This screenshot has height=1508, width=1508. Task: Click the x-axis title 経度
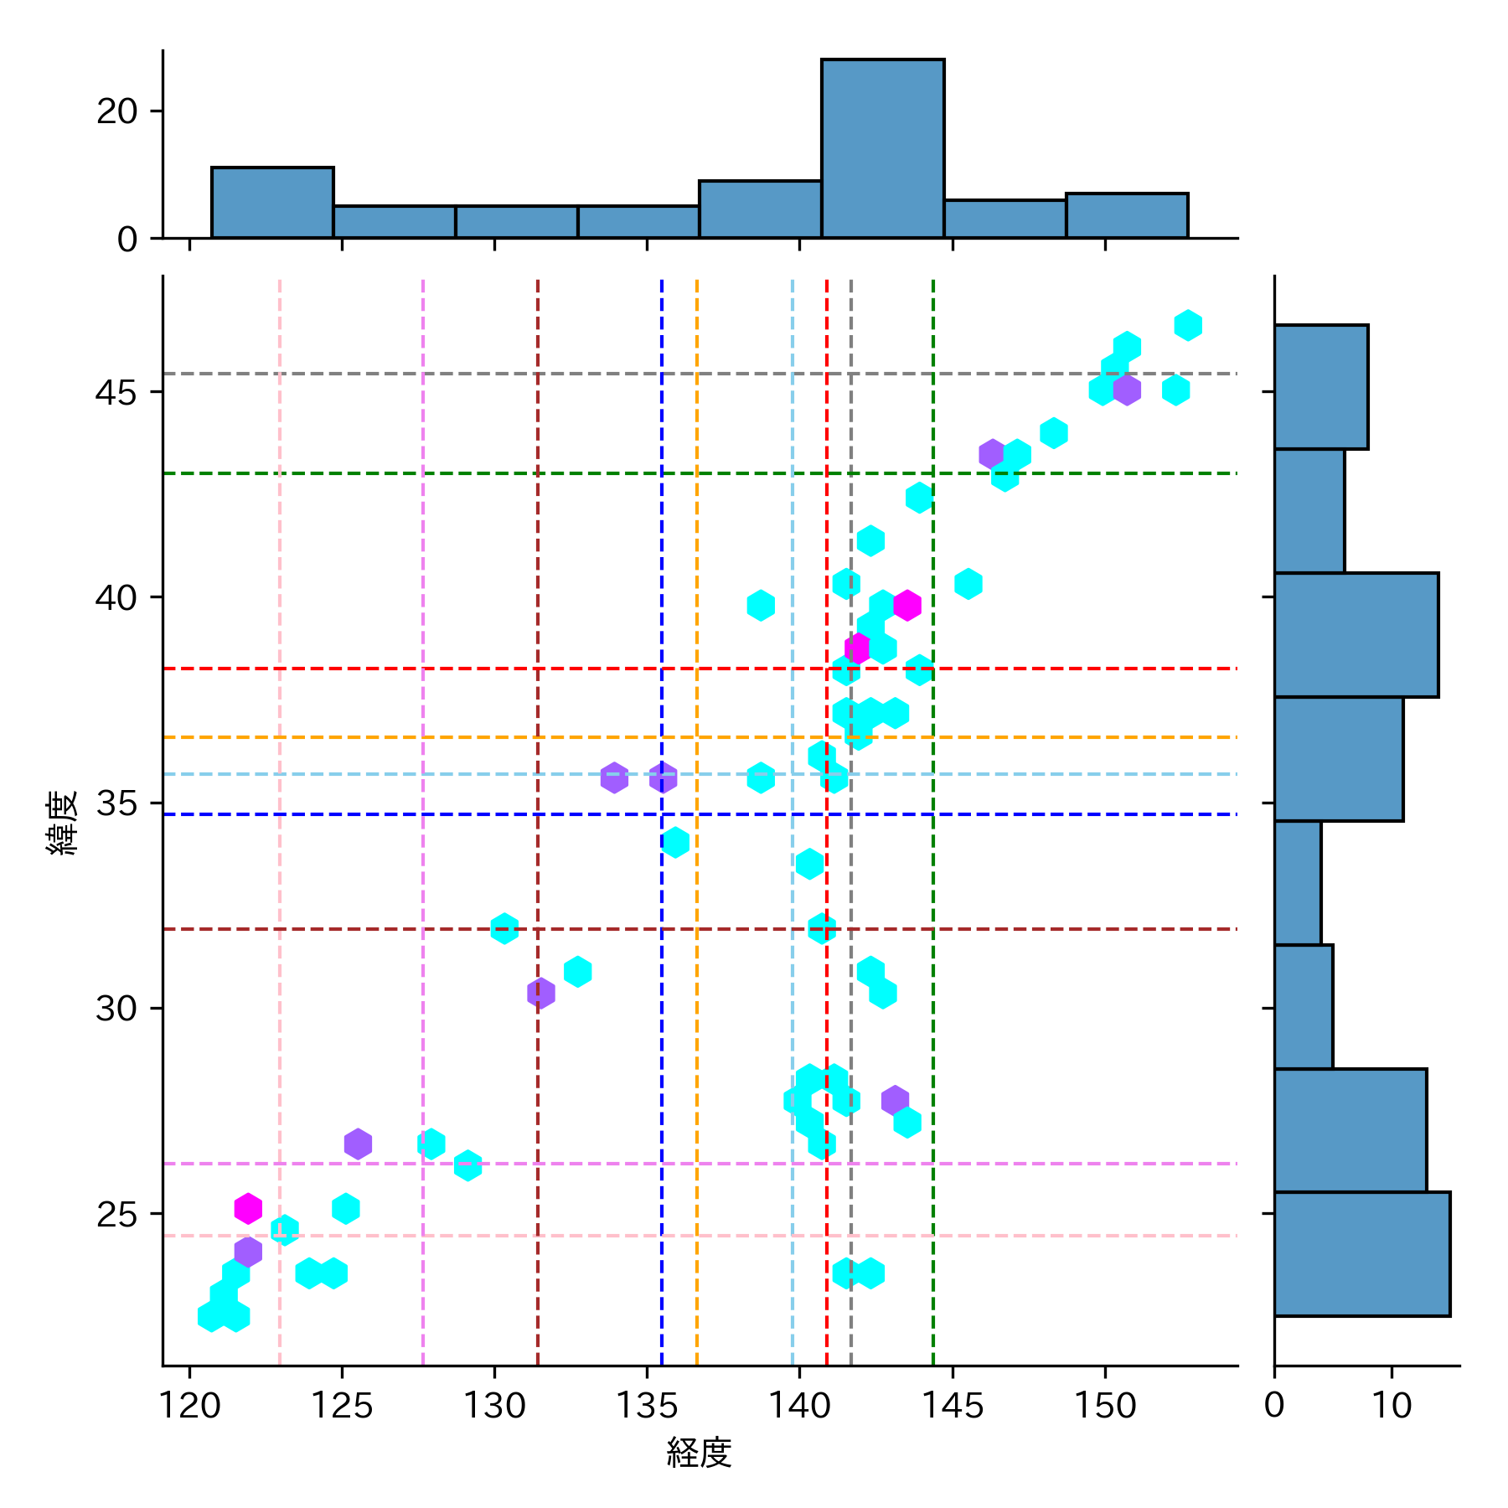699,1453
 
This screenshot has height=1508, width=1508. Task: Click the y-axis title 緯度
63,822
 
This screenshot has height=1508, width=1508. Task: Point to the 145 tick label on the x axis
952,1406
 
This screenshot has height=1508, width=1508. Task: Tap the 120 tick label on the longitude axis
189,1406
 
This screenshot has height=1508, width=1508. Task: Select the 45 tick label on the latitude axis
116,392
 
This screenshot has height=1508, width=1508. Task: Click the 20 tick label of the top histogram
116,111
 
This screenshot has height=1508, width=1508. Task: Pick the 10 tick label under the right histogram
1392,1406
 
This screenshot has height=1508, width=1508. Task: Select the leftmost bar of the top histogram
272,203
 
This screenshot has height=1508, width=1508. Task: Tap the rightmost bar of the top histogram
1127,216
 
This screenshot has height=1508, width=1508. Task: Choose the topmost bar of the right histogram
1321,387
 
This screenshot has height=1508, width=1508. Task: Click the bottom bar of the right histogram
1361,1253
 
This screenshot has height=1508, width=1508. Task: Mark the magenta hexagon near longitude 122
248,1208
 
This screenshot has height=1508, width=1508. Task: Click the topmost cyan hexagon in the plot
1188,325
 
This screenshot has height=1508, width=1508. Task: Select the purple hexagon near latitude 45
1127,390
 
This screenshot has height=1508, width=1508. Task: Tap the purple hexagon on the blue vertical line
663,777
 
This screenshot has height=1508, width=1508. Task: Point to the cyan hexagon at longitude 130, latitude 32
504,928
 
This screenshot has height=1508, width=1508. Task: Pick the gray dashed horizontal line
586,374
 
